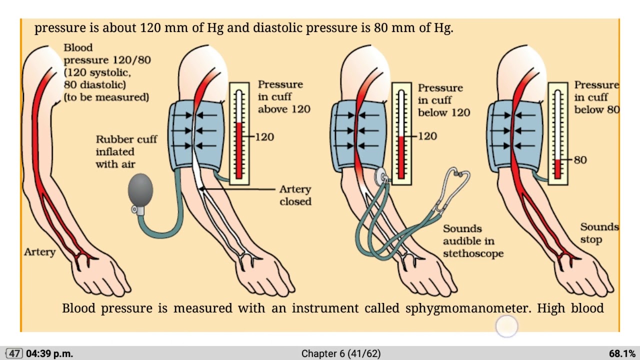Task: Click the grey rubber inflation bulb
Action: tap(140, 189)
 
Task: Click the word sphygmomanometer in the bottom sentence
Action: tap(468, 308)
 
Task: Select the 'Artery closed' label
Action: tap(295, 195)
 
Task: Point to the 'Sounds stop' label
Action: tap(599, 233)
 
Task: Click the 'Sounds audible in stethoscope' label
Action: tap(472, 241)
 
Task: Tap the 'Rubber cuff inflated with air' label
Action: tap(126, 151)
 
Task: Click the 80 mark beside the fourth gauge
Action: tap(580, 160)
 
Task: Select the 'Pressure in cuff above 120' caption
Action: tap(283, 96)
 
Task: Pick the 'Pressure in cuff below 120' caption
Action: tap(443, 100)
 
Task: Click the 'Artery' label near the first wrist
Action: tap(39, 252)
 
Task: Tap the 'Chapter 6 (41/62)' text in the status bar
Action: tap(340, 353)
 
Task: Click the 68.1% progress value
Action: tap(622, 353)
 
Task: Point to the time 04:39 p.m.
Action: tap(49, 353)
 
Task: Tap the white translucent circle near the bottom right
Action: tap(507, 326)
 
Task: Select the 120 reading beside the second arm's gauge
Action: tap(264, 136)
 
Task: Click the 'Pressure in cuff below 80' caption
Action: tap(596, 97)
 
